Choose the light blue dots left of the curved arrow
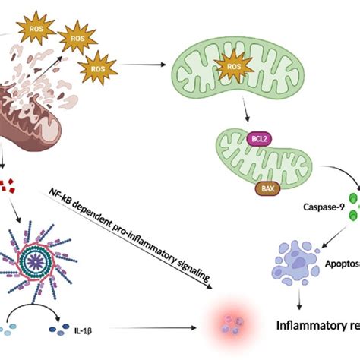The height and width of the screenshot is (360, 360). (8, 330)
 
